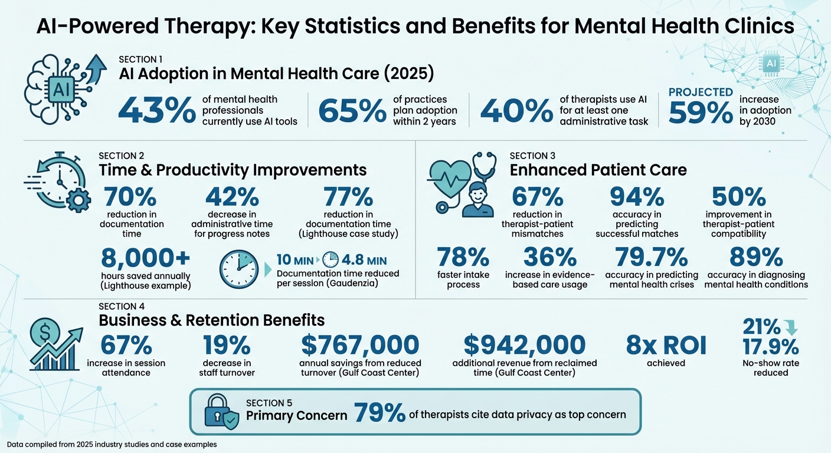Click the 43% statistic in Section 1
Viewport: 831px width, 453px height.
point(157,110)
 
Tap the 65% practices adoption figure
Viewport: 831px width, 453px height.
point(353,110)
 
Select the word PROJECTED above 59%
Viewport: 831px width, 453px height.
point(701,93)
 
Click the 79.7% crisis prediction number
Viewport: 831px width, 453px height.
point(651,258)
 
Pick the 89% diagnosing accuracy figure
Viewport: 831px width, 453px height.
point(756,258)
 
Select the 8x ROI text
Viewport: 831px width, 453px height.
point(666,346)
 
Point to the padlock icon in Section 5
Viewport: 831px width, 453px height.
point(217,411)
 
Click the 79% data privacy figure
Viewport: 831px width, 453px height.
point(379,415)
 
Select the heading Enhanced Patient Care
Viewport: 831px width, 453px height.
point(598,170)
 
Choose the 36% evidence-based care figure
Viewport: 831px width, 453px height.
point(549,258)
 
